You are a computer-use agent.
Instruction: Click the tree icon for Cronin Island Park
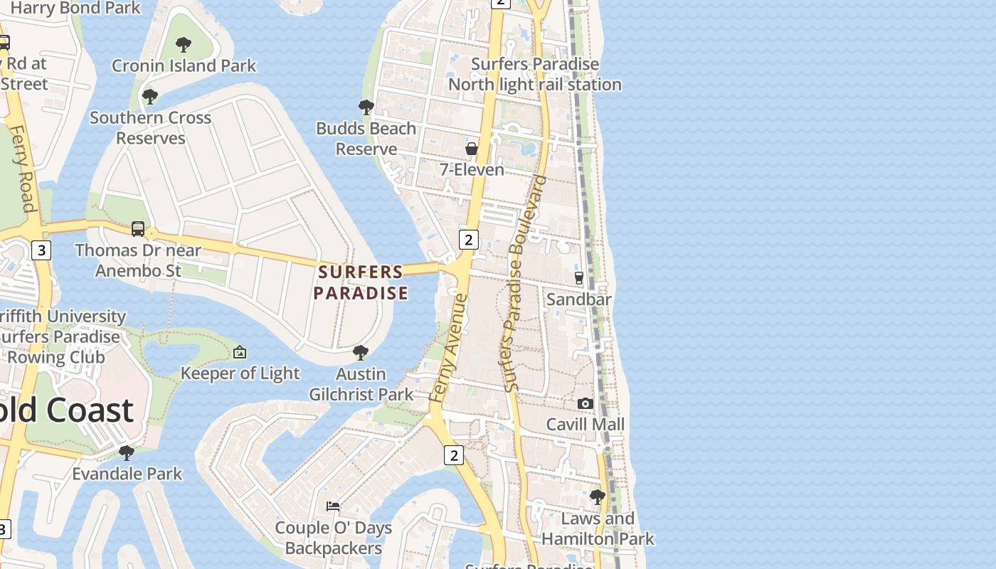pyautogui.click(x=184, y=45)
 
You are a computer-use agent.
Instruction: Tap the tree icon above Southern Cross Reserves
pyautogui.click(x=149, y=96)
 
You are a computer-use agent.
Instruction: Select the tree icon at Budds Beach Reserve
pyautogui.click(x=366, y=107)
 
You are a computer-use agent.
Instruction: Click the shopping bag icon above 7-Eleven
pyautogui.click(x=472, y=149)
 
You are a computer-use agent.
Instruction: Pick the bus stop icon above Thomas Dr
pyautogui.click(x=138, y=229)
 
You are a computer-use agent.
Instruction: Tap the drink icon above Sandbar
pyautogui.click(x=579, y=277)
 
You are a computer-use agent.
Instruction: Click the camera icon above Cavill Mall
pyautogui.click(x=585, y=403)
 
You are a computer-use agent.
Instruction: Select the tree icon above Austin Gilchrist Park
pyautogui.click(x=361, y=352)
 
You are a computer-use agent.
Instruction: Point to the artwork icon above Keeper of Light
pyautogui.click(x=240, y=352)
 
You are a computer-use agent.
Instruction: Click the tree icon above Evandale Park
pyautogui.click(x=127, y=452)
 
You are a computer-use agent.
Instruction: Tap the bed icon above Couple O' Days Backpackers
pyautogui.click(x=333, y=506)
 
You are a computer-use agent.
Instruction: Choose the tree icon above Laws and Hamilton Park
pyautogui.click(x=598, y=497)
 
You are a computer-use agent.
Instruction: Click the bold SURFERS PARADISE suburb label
pyautogui.click(x=361, y=282)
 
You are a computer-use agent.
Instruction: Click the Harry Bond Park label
pyautogui.click(x=76, y=9)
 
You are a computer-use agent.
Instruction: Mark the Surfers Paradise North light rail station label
pyautogui.click(x=535, y=74)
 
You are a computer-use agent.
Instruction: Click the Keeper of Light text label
pyautogui.click(x=240, y=373)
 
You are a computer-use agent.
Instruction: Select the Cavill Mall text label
pyautogui.click(x=585, y=425)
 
